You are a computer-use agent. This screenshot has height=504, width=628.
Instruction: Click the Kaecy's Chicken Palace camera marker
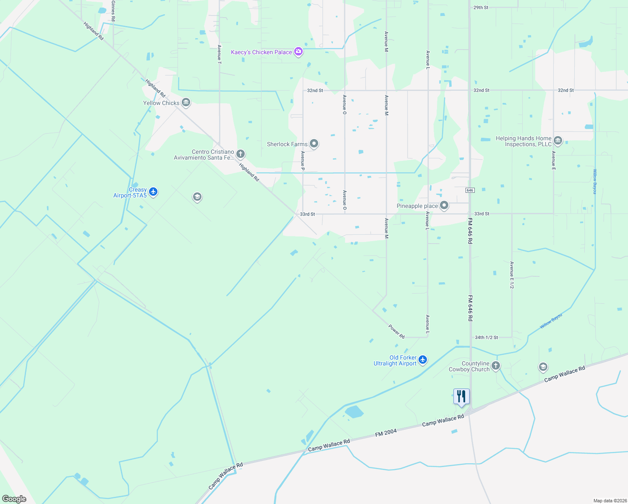tap(298, 52)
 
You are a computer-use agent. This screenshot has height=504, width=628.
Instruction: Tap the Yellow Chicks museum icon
tap(186, 102)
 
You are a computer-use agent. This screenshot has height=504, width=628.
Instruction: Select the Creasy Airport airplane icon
tap(153, 192)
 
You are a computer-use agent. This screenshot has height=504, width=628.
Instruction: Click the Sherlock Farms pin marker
tap(314, 144)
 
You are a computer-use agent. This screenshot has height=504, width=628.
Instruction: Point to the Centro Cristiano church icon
tap(241, 154)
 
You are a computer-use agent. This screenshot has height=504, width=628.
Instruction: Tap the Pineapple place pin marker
tap(444, 205)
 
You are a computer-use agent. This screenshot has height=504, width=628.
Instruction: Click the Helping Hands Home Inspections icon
tap(558, 140)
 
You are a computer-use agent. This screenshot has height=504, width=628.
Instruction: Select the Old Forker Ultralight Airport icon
tap(423, 360)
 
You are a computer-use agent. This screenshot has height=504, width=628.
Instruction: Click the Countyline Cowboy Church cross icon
tap(496, 366)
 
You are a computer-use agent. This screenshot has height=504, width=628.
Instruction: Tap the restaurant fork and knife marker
tap(461, 396)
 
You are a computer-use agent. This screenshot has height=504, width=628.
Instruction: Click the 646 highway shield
tap(470, 190)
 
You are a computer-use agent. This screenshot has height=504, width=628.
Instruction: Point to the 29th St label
tap(481, 8)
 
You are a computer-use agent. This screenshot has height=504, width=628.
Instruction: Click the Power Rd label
tap(396, 331)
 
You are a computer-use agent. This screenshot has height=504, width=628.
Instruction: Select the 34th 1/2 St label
tap(486, 337)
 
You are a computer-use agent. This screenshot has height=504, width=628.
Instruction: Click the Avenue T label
tap(219, 54)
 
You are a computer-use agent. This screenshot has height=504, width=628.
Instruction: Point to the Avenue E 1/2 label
tap(511, 275)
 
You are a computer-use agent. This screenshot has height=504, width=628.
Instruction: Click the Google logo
tap(14, 499)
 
